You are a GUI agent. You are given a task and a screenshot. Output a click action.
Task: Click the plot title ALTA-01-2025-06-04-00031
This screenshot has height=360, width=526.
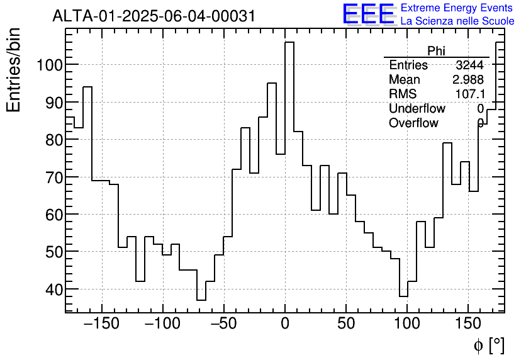(154, 16)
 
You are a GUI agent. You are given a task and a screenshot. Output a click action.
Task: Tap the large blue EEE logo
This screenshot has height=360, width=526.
(368, 14)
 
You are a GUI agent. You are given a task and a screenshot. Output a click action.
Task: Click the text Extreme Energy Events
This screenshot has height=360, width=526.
(457, 8)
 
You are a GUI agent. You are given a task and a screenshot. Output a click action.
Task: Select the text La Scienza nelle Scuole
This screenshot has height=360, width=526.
(457, 21)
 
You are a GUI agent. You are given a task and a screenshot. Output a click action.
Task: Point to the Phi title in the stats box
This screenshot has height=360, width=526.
(436, 51)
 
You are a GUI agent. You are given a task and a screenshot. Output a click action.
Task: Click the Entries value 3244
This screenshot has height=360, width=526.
(469, 65)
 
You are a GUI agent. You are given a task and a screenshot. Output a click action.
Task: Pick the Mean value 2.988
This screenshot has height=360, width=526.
(467, 79)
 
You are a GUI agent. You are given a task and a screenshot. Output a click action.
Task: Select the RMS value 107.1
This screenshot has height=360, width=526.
(469, 94)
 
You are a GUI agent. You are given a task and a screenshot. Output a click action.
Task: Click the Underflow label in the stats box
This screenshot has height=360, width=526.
(417, 108)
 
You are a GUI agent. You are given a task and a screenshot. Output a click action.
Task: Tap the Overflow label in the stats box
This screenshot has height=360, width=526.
(413, 123)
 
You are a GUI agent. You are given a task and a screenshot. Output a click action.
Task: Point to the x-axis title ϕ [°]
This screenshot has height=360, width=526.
(488, 345)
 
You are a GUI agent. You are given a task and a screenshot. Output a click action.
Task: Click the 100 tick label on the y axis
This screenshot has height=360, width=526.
(48, 65)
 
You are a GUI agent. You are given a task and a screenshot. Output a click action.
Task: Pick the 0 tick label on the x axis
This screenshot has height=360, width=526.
(285, 323)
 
